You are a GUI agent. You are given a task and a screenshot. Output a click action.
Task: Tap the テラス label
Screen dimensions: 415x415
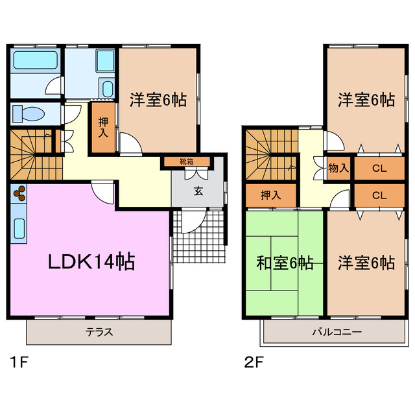pyautogui.click(x=99, y=333)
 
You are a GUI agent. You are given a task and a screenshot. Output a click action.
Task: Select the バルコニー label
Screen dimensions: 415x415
pyautogui.click(x=337, y=333)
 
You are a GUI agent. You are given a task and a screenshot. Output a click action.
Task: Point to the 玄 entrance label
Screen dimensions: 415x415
pyautogui.click(x=197, y=191)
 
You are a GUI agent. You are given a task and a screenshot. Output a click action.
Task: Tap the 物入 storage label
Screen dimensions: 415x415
pyautogui.click(x=338, y=168)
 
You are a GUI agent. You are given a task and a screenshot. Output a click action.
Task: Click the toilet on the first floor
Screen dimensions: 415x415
pyautogui.click(x=29, y=113)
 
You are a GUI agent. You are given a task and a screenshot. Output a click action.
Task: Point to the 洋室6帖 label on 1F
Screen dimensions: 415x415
pyautogui.click(x=158, y=101)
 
